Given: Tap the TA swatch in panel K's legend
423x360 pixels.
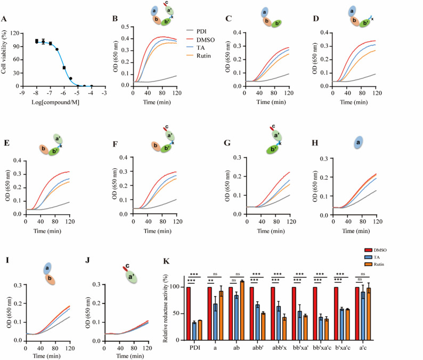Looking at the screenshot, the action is point(368,257).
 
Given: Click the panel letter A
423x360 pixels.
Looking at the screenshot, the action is point(4,19).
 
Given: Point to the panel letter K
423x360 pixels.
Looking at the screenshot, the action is point(166,261).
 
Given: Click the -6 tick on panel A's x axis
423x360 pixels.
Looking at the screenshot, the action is point(63,93).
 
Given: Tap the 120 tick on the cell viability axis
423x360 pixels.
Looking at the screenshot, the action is point(15,33).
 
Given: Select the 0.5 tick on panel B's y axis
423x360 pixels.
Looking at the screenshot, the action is point(125,27).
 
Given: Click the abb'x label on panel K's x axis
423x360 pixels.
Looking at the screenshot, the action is point(279,348).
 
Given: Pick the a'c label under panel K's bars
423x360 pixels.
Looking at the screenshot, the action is point(363,348).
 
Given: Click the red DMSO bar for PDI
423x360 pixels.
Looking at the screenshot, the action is point(189,314).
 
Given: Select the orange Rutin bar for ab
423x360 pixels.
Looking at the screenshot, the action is point(242,311).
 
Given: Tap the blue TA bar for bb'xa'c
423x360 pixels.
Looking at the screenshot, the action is point(321,329).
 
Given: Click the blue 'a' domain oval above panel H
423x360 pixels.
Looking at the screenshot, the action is point(358,142).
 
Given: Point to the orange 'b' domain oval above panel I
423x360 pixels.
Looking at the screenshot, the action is point(50,279).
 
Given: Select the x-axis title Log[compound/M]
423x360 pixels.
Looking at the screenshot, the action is point(55,102).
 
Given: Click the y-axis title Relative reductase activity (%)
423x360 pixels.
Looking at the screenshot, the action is point(165,309).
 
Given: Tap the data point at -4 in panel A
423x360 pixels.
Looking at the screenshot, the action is point(92,86).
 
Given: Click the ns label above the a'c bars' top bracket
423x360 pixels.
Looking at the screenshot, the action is point(363,274).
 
